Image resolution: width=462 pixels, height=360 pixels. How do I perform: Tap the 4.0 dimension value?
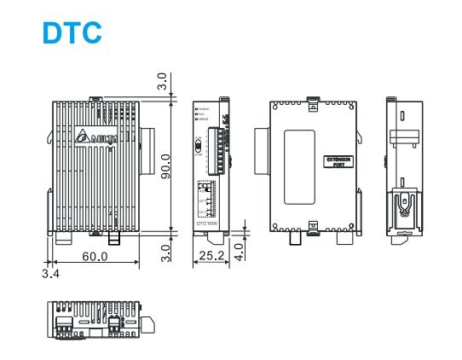[x=240, y=251]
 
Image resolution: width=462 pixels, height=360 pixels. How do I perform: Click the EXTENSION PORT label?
[x=338, y=161]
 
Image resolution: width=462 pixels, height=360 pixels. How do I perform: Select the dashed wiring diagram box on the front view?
[x=206, y=198]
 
